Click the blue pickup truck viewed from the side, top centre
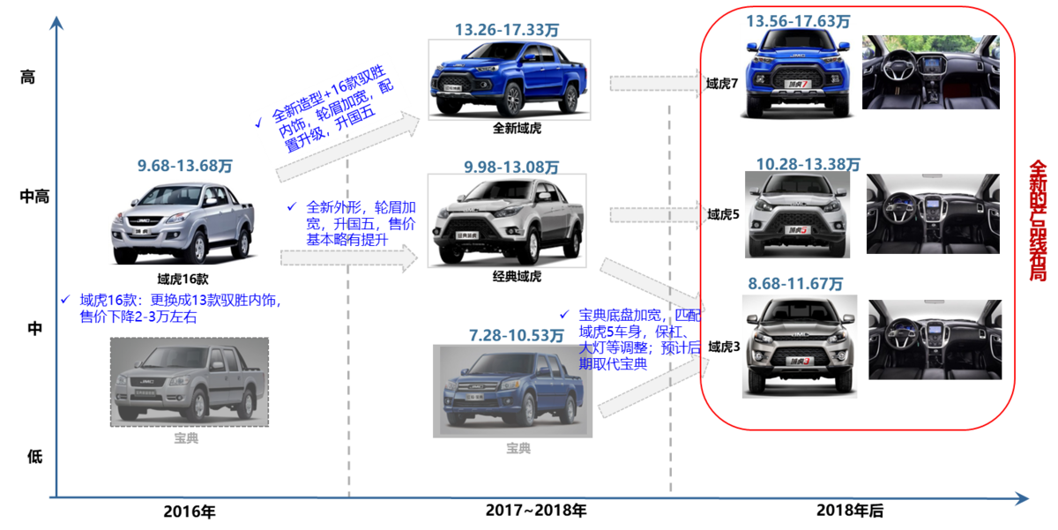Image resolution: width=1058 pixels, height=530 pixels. (509, 79)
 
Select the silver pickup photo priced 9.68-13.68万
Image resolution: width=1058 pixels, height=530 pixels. (183, 222)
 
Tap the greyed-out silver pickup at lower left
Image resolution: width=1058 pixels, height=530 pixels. (190, 382)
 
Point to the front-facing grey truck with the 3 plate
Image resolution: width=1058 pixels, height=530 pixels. (796, 346)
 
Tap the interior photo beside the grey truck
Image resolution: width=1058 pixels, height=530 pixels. (935, 339)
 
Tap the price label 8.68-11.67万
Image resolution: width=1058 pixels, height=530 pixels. (796, 284)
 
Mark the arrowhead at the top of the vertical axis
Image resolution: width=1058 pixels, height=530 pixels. (56, 23)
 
